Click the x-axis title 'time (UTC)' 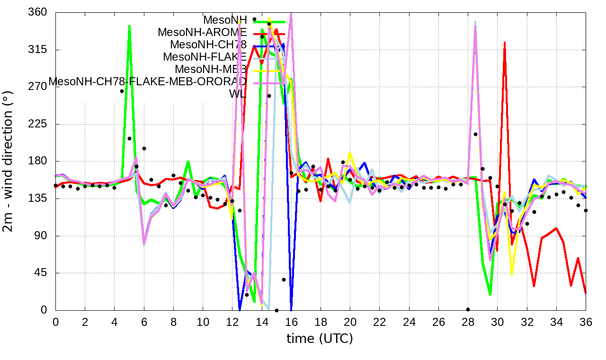tap(320, 339)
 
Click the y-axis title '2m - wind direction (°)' tap(9, 161)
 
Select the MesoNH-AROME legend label tap(202, 32)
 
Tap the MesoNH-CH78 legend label tap(208, 45)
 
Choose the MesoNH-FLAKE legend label tap(205, 57)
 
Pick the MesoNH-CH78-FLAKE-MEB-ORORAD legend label tap(148, 81)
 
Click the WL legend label tap(238, 94)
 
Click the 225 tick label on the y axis tap(38, 124)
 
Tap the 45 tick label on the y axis tap(40, 273)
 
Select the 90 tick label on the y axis tap(40, 236)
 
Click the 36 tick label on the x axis tap(586, 322)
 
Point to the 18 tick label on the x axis tap(321, 322)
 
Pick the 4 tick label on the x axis tap(114, 322)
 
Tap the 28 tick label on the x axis tap(468, 322)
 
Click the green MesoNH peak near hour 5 tap(129, 26)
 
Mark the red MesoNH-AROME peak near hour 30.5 tap(505, 43)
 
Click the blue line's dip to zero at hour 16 tap(291, 309)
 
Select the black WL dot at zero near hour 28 tap(468, 309)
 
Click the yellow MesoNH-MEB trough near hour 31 tap(512, 273)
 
